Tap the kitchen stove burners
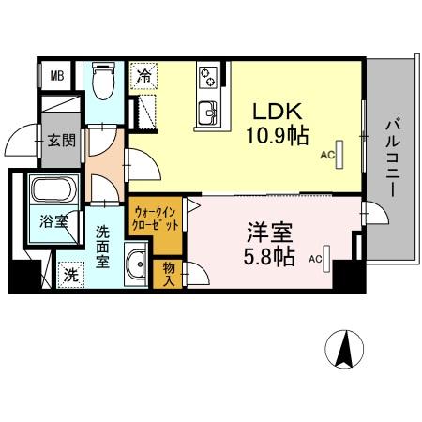(x=208, y=76)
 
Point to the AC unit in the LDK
(x=341, y=153)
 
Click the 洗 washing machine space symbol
(x=70, y=276)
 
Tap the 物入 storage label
(x=170, y=274)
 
